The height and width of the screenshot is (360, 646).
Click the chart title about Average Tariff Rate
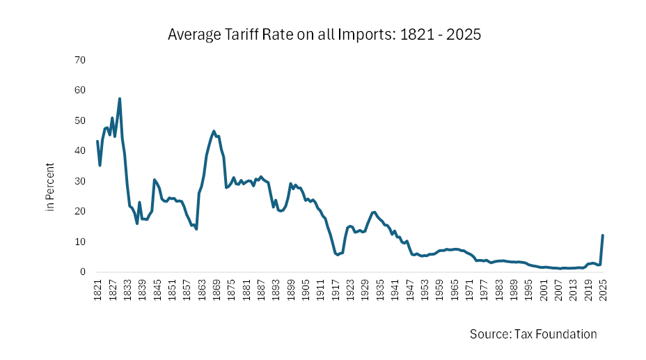coord(324,34)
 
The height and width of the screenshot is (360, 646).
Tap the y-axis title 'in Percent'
coord(50,187)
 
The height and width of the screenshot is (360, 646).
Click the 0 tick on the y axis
coord(82,272)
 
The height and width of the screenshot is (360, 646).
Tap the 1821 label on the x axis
coord(97,288)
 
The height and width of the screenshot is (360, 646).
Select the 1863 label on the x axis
coord(200,288)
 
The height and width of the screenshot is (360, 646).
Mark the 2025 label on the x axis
coord(602,288)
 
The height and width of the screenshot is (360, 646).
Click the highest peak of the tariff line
coord(120,99)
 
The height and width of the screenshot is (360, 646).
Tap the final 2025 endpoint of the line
coord(602,235)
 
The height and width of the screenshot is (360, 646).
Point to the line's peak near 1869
coord(214,131)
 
